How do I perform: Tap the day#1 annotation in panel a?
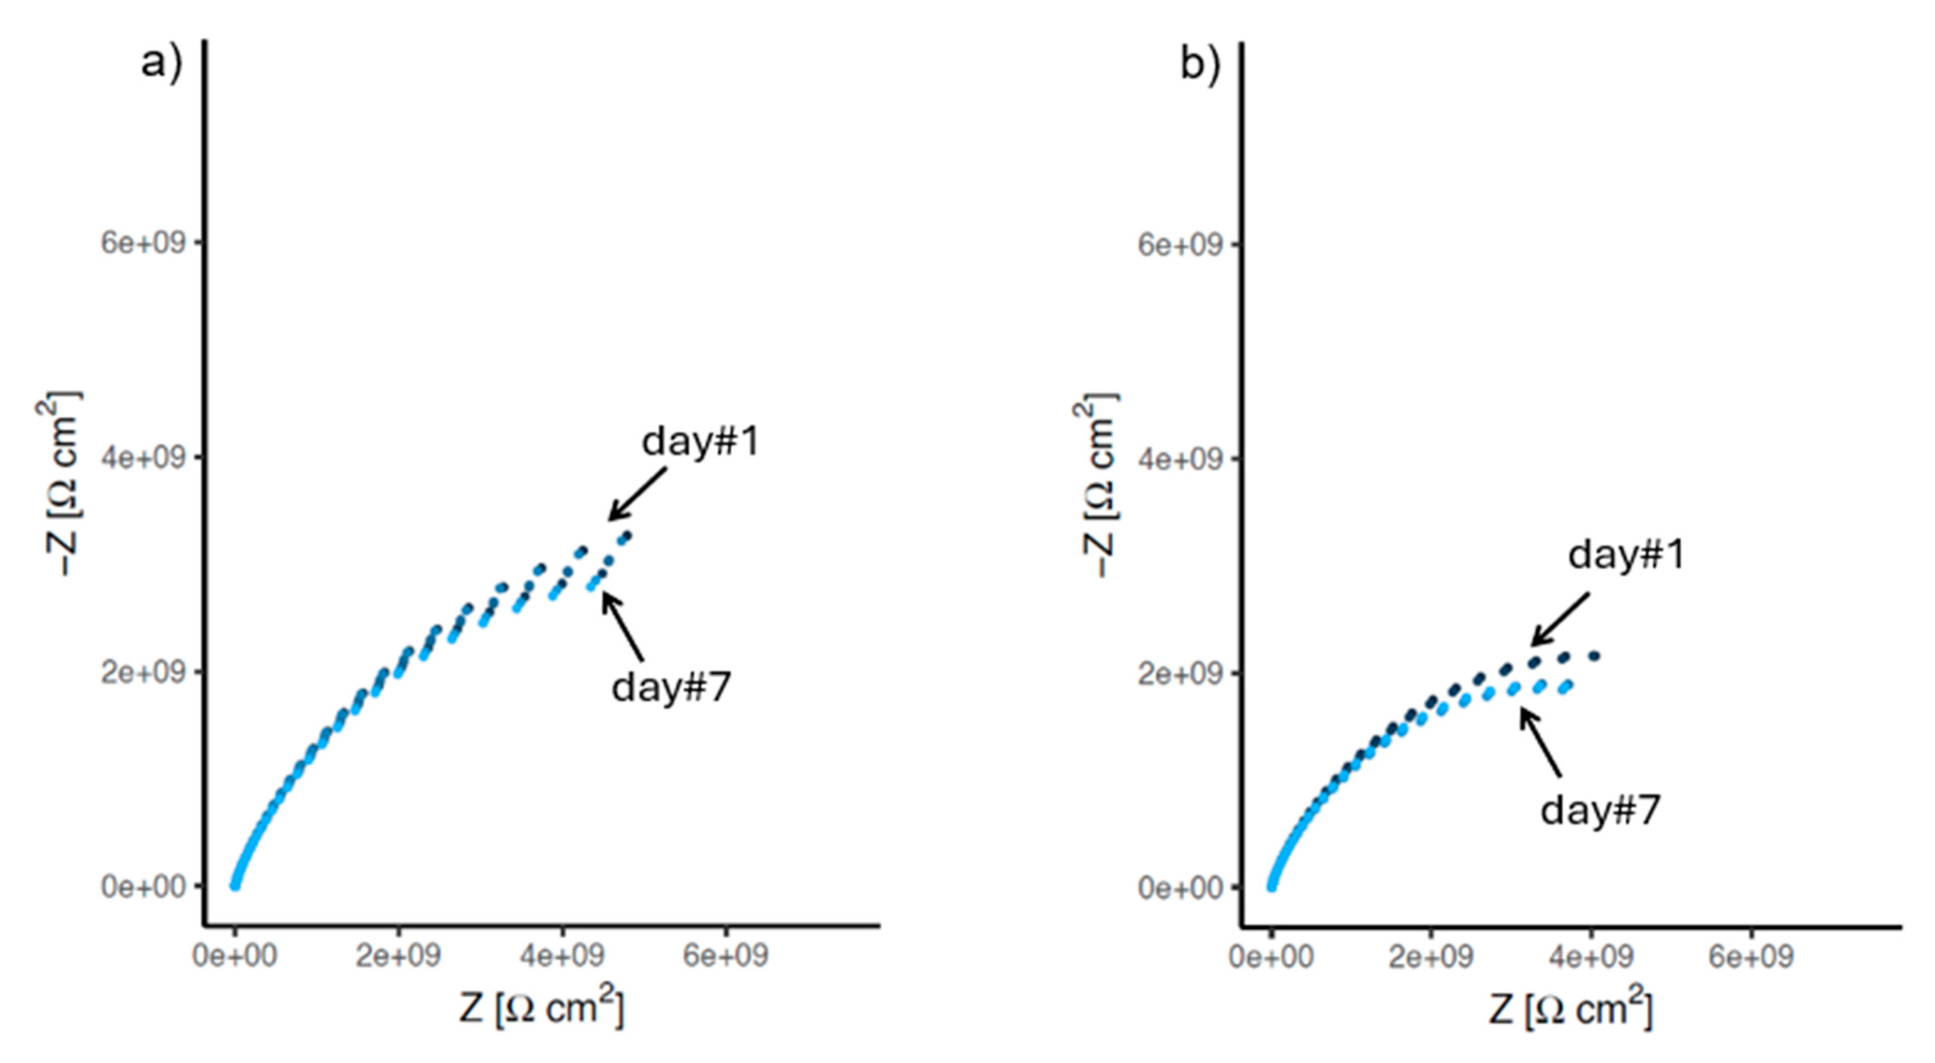click(x=700, y=441)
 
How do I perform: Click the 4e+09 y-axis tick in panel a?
click(x=142, y=458)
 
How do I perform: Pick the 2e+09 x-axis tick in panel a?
click(x=398, y=956)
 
